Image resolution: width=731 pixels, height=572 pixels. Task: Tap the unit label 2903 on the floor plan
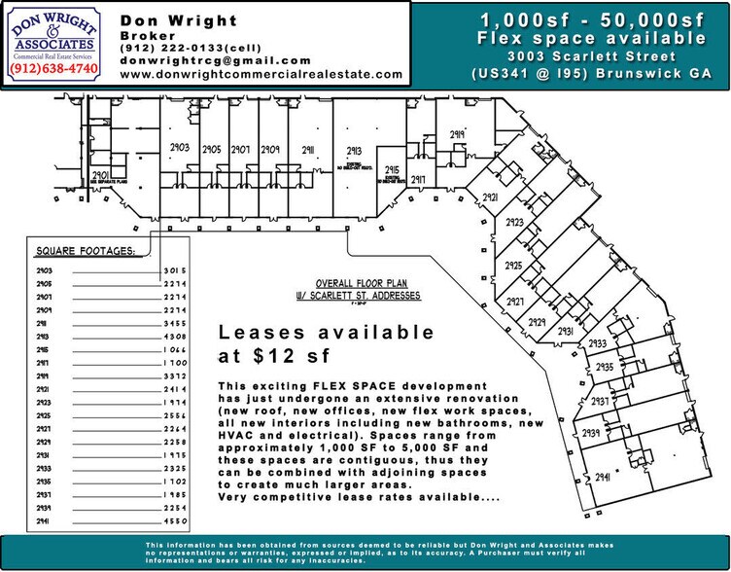179,145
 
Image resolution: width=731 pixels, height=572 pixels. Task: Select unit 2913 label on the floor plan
355,150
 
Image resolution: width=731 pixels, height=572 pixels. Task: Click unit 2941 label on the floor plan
608,478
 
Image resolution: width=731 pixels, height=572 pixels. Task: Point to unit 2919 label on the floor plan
458,135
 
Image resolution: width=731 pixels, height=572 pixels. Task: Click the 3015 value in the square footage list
174,269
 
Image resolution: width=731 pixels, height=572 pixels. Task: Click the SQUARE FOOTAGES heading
86,251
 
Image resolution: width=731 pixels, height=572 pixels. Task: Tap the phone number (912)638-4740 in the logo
54,70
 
